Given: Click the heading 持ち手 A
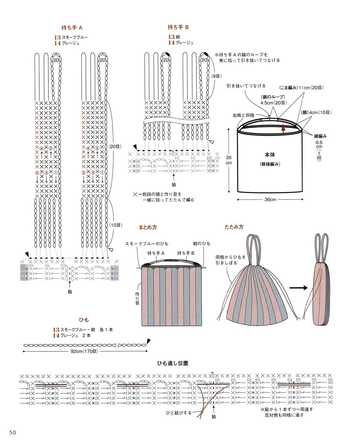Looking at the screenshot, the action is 72,27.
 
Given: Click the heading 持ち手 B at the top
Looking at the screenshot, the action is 178,27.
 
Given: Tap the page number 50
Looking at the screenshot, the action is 13,432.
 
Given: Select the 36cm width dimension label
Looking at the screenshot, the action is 270,199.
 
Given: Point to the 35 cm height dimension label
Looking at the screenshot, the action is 229,160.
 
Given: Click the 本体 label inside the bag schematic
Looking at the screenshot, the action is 270,155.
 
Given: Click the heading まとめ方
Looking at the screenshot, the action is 148,227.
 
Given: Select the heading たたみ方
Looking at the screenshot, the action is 234,227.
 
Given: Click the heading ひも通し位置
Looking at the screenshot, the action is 173,363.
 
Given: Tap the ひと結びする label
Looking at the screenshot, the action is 179,413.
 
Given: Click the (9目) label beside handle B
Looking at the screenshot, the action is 216,76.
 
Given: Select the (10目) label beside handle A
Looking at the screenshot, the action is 116,225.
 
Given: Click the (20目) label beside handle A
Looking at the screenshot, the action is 115,147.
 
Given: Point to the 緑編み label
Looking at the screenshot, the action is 320,136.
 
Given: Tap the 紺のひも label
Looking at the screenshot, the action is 201,243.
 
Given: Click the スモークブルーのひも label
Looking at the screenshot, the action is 147,243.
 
